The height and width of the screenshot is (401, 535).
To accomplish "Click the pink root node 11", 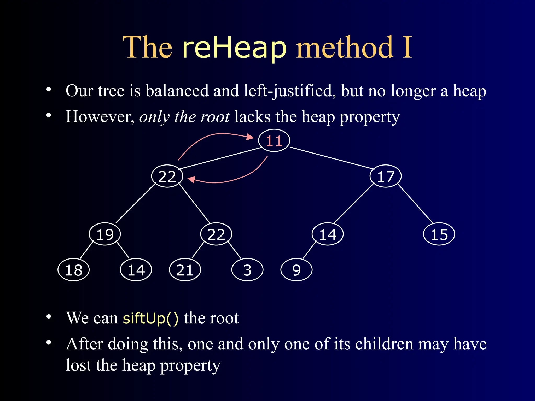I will click(274, 140).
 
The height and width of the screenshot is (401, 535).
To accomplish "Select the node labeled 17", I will click(386, 176).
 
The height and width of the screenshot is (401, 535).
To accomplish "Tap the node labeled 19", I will click(105, 234).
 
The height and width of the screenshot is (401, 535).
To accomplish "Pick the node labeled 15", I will click(439, 234).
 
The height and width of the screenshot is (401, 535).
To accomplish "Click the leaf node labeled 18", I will click(74, 270).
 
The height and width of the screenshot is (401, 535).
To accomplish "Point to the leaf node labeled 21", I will click(185, 270).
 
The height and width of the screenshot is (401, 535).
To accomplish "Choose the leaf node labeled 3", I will click(247, 270).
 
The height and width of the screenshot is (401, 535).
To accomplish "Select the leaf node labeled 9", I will click(296, 270).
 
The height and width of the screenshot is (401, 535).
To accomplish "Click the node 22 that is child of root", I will click(167, 176).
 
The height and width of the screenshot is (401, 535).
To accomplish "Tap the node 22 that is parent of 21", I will click(216, 234).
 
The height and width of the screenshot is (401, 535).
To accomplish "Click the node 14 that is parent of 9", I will click(328, 234).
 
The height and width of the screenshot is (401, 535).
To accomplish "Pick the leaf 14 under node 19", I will click(136, 270).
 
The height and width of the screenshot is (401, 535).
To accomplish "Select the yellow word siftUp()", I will click(150, 318).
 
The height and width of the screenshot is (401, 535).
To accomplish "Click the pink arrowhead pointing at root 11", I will click(250, 137).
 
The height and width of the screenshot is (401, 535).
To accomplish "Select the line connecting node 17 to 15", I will click(415, 203).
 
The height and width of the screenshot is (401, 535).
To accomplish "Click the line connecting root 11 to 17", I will click(332, 158).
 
